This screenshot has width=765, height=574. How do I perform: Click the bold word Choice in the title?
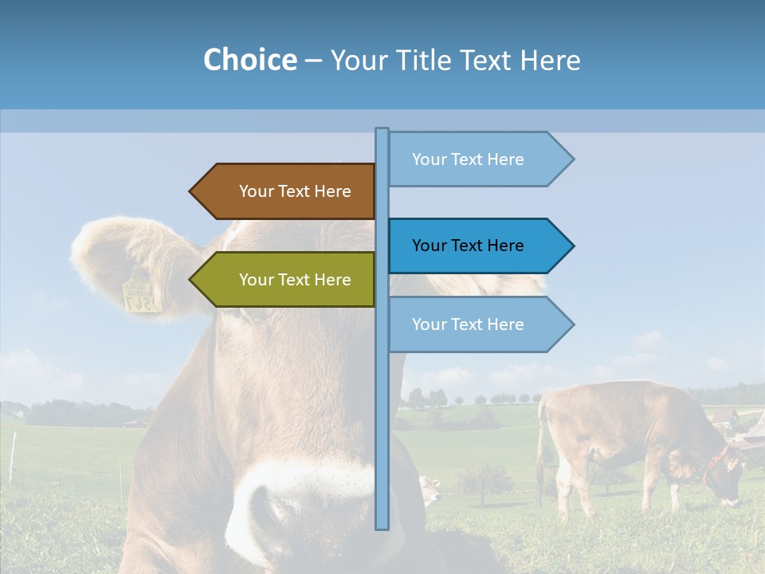click(x=249, y=60)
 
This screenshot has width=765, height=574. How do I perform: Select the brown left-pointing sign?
click(x=287, y=191)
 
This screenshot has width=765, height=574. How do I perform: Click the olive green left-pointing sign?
click(x=287, y=280)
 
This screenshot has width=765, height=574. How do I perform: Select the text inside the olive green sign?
click(x=295, y=280)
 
